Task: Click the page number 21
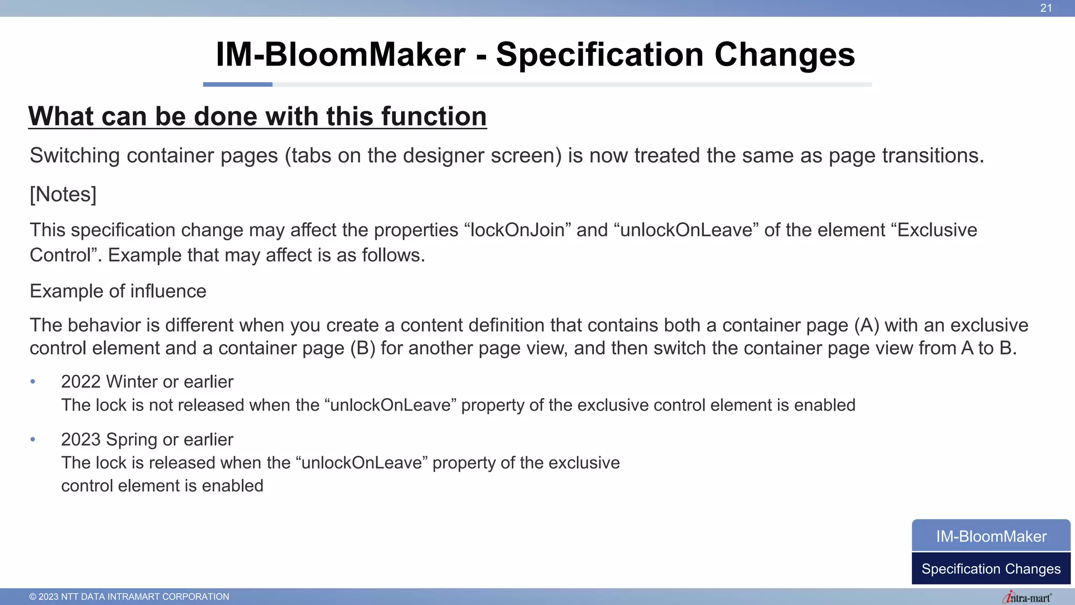pos(1046,8)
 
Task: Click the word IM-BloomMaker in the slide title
pos(341,55)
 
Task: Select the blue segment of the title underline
pos(237,84)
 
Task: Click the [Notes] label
pos(63,194)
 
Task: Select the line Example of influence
pos(118,291)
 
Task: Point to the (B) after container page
pos(363,348)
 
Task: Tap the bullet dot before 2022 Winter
pos(33,382)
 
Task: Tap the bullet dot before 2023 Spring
pos(33,440)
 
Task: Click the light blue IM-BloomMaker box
pos(991,536)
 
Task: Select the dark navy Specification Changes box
pos(991,569)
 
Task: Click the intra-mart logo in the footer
pos(1027,597)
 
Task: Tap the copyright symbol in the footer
pos(33,597)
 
